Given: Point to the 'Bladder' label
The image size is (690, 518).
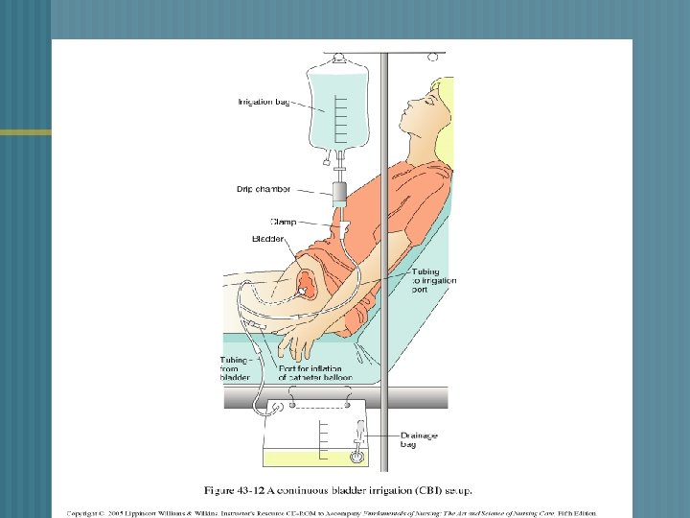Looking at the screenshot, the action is [268, 238].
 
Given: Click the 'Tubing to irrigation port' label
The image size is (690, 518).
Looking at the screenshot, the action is [434, 280].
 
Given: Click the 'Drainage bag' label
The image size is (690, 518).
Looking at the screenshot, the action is [419, 440].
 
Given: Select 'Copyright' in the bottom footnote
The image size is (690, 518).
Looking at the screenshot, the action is [85, 513].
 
